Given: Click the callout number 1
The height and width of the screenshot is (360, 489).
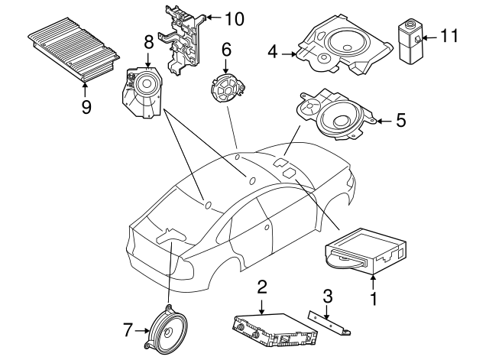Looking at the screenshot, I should (x=374, y=300).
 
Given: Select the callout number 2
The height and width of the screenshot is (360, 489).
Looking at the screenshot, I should (x=262, y=287).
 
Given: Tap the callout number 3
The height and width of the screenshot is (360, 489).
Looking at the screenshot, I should (x=327, y=296).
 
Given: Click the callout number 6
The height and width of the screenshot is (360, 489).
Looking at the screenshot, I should (x=226, y=50).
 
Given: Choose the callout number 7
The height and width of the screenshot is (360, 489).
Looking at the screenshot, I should (x=128, y=330).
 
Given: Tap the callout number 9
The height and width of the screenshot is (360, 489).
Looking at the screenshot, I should (x=86, y=105).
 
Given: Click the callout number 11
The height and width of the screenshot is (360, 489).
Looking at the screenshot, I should (x=452, y=35).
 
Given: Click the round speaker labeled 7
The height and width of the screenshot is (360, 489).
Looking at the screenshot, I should (x=166, y=329).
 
